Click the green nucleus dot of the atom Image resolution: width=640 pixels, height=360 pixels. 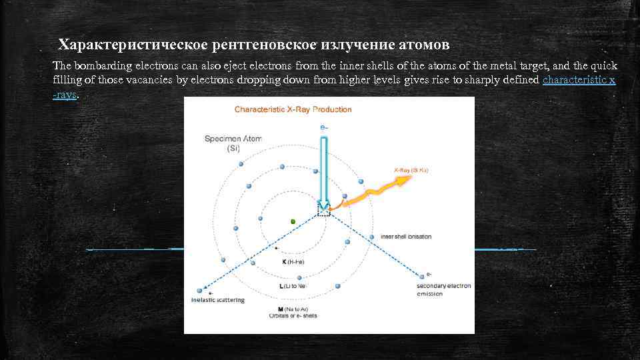[x=293, y=221]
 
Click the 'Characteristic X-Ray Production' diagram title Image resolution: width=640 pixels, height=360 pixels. [x=293, y=109]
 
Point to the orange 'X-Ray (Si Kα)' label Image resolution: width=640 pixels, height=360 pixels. [x=411, y=171]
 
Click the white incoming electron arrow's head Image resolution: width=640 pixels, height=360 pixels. [x=323, y=205]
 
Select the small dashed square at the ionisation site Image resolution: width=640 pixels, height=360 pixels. [x=324, y=211]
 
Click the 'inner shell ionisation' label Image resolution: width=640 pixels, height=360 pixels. [x=405, y=237]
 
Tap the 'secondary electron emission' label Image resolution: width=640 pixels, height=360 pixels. [x=443, y=290]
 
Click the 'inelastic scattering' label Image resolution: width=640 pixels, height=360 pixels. [x=218, y=300]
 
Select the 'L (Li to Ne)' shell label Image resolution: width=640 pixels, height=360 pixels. [x=293, y=286]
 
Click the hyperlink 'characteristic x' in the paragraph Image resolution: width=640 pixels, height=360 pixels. [x=579, y=80]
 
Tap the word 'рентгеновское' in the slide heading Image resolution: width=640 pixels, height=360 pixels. [x=264, y=45]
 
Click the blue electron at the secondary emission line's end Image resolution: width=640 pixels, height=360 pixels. [x=421, y=274]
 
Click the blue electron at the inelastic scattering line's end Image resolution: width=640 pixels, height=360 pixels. [x=199, y=291]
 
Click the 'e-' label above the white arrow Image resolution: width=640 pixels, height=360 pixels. [x=324, y=127]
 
